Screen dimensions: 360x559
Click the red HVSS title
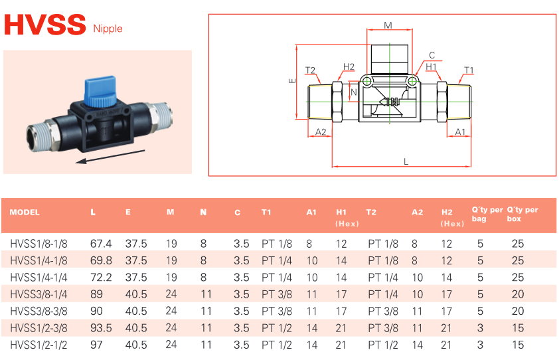pyautogui.click(x=45, y=25)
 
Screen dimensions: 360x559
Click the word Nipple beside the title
pyautogui.click(x=108, y=29)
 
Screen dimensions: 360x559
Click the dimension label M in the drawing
pyautogui.click(x=388, y=25)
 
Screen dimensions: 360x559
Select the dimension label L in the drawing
pyautogui.click(x=406, y=161)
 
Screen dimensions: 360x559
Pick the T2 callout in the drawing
pyautogui.click(x=310, y=70)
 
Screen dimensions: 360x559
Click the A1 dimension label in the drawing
pyautogui.click(x=460, y=132)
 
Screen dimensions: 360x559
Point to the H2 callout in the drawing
pyautogui.click(x=349, y=66)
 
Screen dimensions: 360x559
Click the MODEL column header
pyautogui.click(x=25, y=213)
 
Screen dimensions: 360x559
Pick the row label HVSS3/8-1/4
pyautogui.click(x=40, y=294)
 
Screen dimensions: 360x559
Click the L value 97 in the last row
pyautogui.click(x=96, y=344)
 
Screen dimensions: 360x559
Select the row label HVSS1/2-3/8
pyautogui.click(x=40, y=327)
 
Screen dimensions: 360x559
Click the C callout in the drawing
pyautogui.click(x=432, y=56)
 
